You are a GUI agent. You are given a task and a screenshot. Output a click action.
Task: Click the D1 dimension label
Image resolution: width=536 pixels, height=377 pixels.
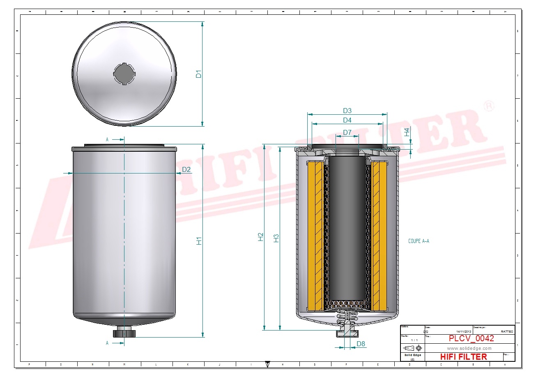click(x=198, y=74)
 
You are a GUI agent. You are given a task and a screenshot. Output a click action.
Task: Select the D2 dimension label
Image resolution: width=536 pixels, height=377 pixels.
click(x=186, y=169)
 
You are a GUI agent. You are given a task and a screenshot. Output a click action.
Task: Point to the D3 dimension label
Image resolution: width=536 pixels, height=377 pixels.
click(x=347, y=111)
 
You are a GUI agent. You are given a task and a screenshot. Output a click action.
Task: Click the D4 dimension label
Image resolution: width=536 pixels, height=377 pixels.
click(x=347, y=120)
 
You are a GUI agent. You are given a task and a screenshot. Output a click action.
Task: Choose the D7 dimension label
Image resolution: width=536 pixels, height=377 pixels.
click(x=347, y=132)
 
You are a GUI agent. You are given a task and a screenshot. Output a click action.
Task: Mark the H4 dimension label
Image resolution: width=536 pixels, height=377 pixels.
click(x=407, y=132)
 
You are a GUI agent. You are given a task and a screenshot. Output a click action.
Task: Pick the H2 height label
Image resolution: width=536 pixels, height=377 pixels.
click(x=260, y=237)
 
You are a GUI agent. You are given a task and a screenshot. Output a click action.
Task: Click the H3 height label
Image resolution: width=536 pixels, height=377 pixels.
click(x=276, y=238)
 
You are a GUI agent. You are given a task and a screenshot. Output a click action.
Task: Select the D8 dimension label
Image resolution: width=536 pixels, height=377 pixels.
click(x=361, y=344)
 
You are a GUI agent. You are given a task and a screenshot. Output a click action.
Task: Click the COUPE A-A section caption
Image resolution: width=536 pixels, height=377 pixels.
click(x=419, y=241)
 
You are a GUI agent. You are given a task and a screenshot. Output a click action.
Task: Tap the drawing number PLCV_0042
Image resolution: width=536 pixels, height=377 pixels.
click(x=471, y=338)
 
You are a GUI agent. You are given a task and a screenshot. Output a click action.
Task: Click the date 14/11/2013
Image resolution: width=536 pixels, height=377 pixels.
click(x=464, y=331)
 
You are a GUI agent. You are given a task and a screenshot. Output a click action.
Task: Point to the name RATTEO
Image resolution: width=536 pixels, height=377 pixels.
click(x=507, y=331)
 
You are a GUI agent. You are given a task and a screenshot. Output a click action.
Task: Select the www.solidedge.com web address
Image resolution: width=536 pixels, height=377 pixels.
click(x=469, y=349)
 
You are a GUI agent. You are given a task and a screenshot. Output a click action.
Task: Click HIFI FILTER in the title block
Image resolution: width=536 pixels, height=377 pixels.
click(x=463, y=357)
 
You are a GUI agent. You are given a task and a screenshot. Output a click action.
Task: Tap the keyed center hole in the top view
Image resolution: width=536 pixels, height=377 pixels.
click(x=124, y=74)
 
